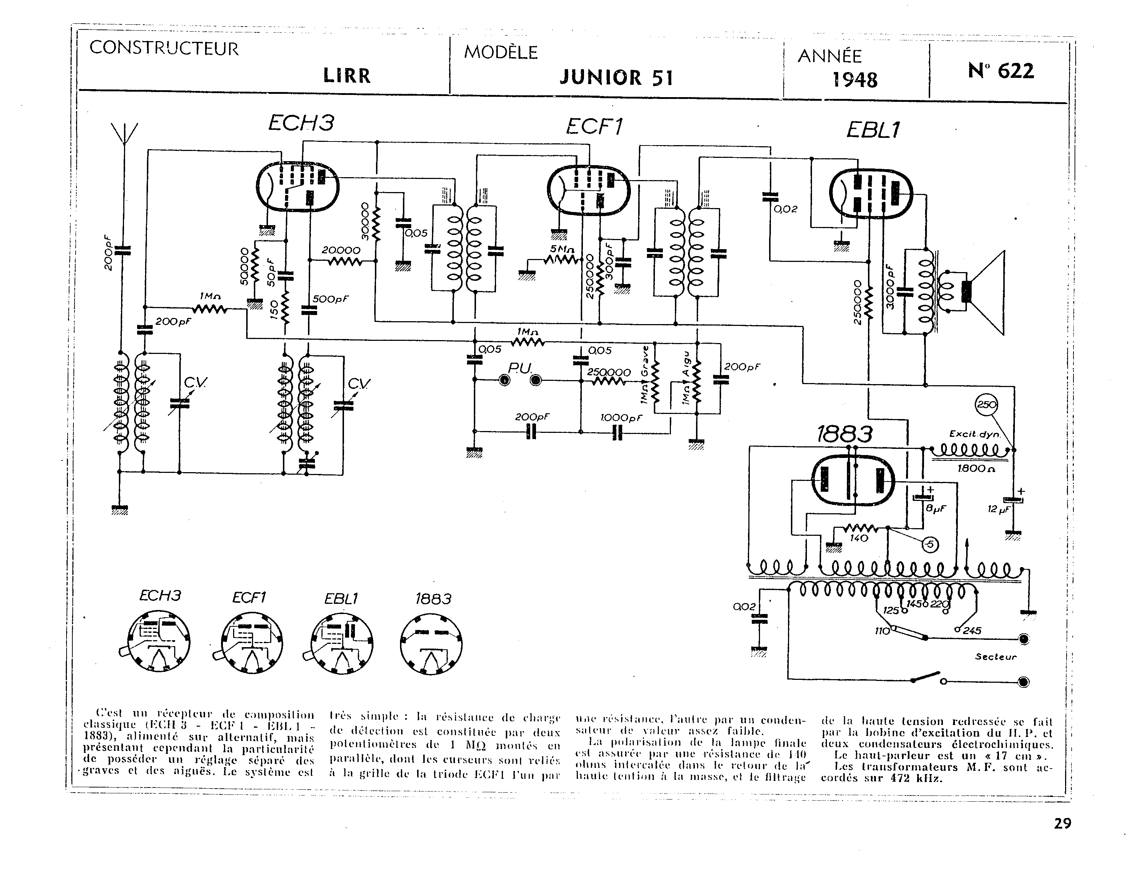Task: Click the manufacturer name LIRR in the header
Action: tap(347, 76)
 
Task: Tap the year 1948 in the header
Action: tap(855, 80)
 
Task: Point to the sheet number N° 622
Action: tap(1001, 71)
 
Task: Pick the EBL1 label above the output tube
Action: tap(873, 130)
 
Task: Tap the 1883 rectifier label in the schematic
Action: tap(844, 434)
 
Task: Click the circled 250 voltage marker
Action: tap(987, 405)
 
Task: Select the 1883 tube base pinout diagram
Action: tap(431, 644)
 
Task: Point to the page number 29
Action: tap(1063, 824)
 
